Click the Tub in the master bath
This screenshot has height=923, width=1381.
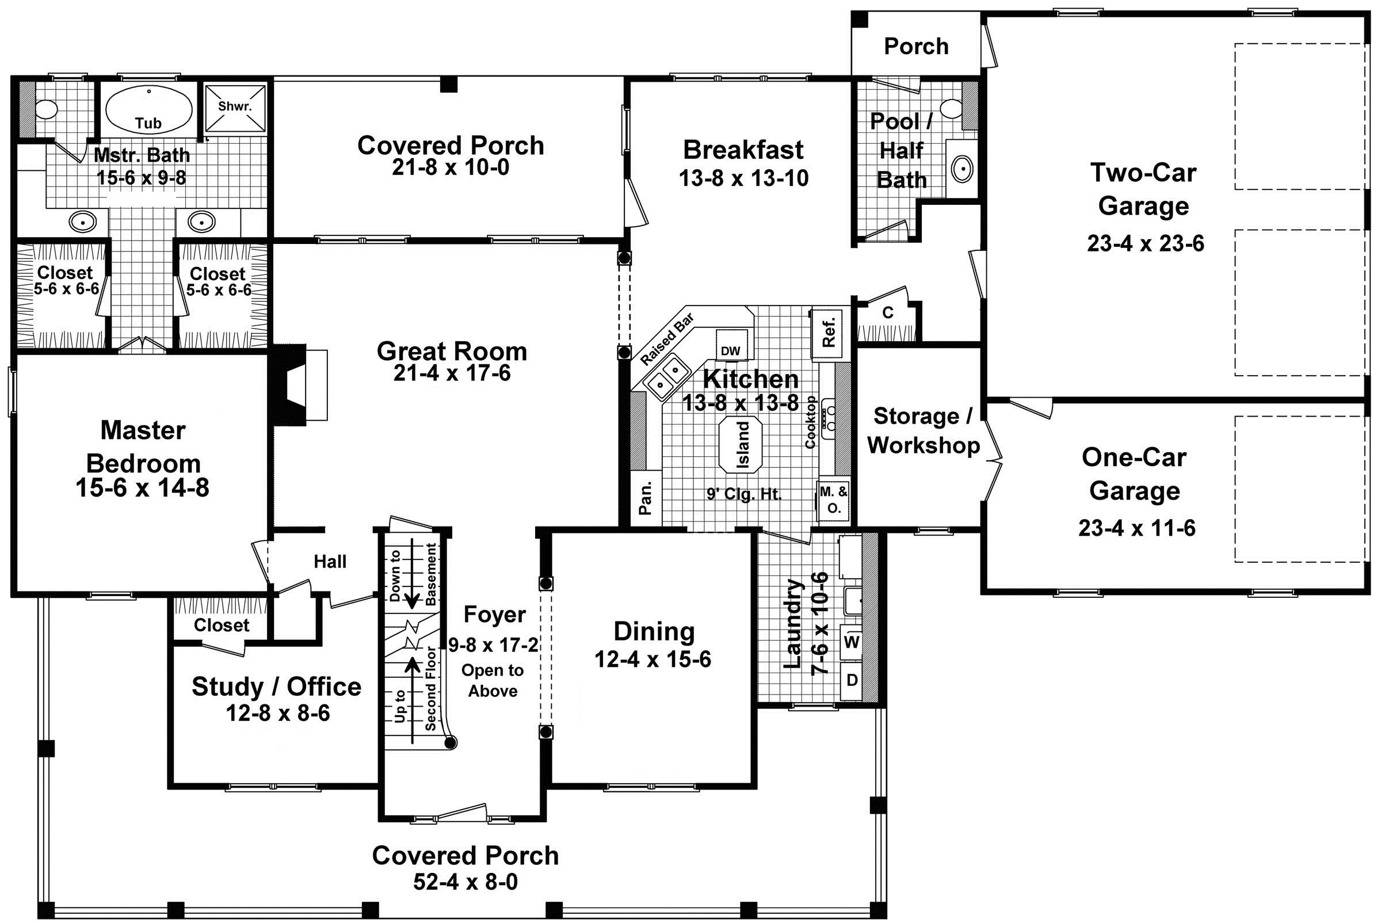tap(148, 111)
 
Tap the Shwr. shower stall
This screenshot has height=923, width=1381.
tap(235, 107)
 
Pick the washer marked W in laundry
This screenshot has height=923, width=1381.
tap(851, 642)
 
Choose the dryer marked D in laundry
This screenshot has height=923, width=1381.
tap(851, 680)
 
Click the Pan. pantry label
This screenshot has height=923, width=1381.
tap(646, 498)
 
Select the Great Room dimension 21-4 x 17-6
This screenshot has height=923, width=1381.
tap(452, 373)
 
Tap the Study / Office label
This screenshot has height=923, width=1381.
tap(276, 687)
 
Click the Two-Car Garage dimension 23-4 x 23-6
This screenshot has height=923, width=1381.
tap(1145, 243)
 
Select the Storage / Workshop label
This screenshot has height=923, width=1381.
tap(922, 430)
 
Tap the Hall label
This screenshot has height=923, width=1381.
tap(330, 562)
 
